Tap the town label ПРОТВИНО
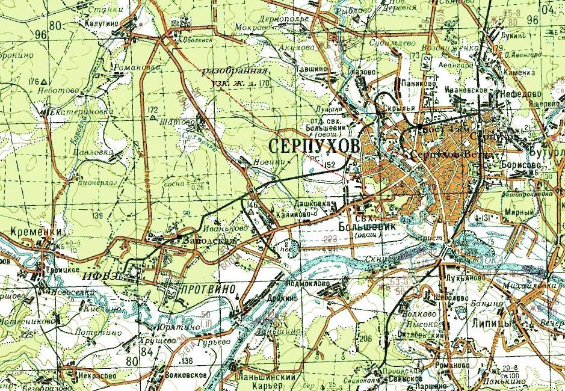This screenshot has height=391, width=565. (x=203, y=290)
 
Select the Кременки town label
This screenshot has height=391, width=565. (x=29, y=232)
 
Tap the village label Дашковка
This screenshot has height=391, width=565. (x=313, y=204)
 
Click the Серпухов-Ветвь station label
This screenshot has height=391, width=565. (x=448, y=155)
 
